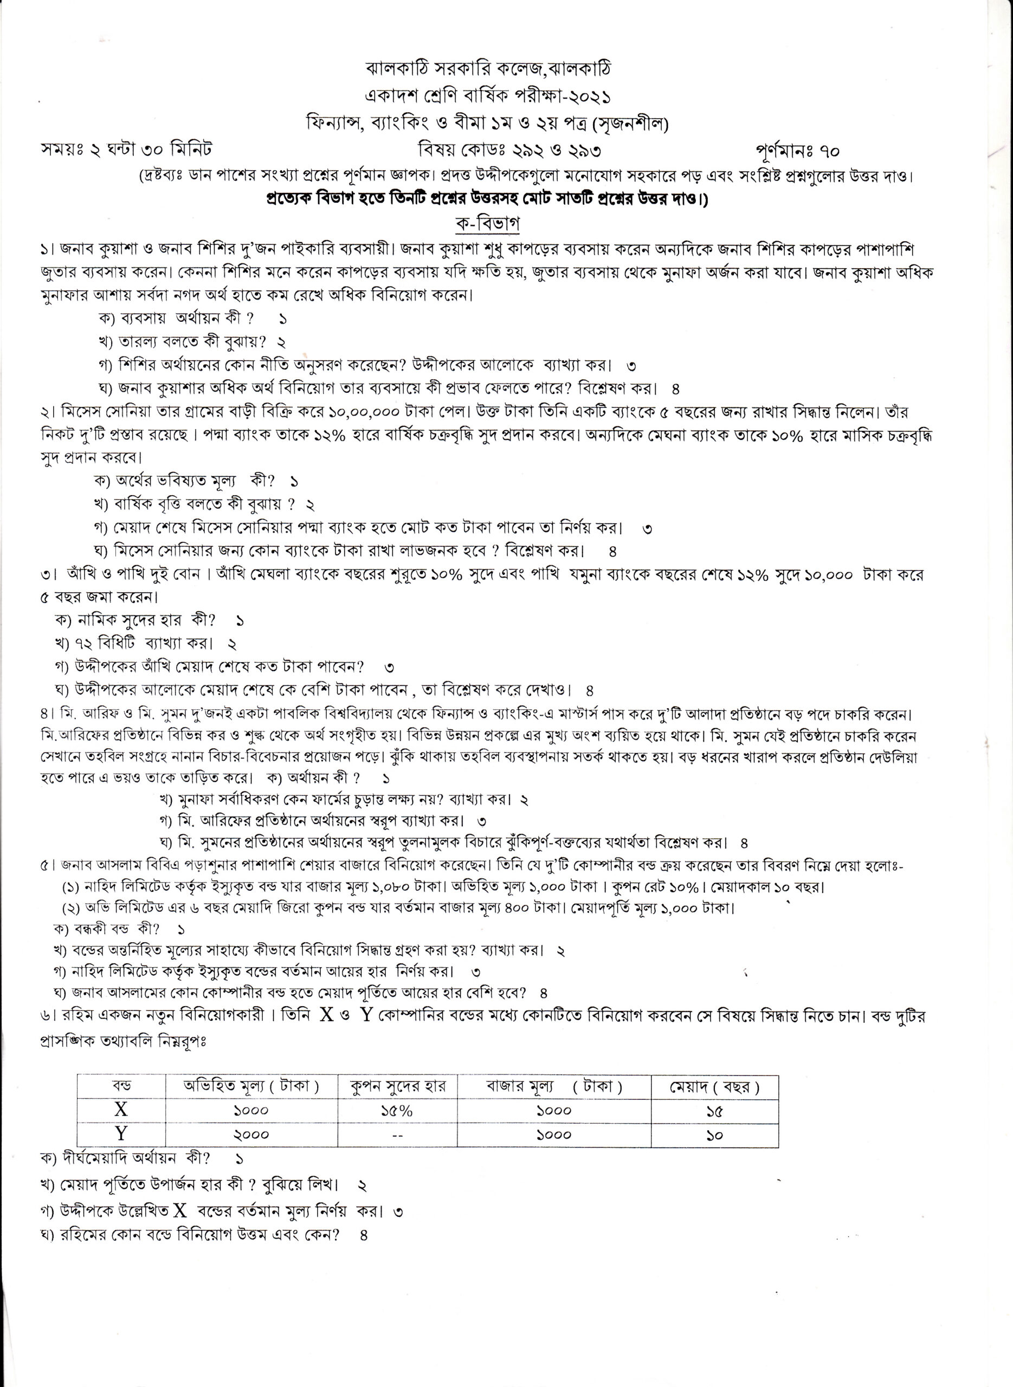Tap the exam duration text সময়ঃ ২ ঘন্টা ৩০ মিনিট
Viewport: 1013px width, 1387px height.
(x=126, y=151)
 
